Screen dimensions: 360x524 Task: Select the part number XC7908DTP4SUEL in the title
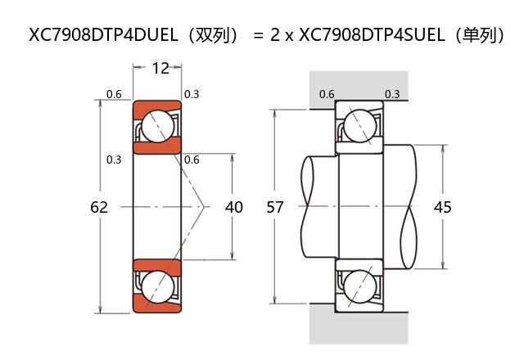(372, 35)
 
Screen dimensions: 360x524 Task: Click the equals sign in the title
(258, 35)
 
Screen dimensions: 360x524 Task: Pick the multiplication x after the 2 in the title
(288, 36)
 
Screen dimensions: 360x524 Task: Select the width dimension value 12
(160, 68)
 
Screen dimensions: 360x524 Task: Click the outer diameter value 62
(99, 207)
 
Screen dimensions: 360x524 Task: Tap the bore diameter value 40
(233, 207)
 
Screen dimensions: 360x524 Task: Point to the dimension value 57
(275, 207)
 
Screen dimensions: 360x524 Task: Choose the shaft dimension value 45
(442, 207)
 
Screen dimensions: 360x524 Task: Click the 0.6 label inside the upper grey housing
(327, 94)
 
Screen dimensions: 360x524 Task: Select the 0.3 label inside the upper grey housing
(392, 94)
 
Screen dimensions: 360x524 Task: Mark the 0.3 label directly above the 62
(115, 159)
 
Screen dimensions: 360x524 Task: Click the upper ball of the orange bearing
(156, 127)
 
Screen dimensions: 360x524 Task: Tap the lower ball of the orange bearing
(156, 287)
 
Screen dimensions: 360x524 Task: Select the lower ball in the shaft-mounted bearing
(359, 287)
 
